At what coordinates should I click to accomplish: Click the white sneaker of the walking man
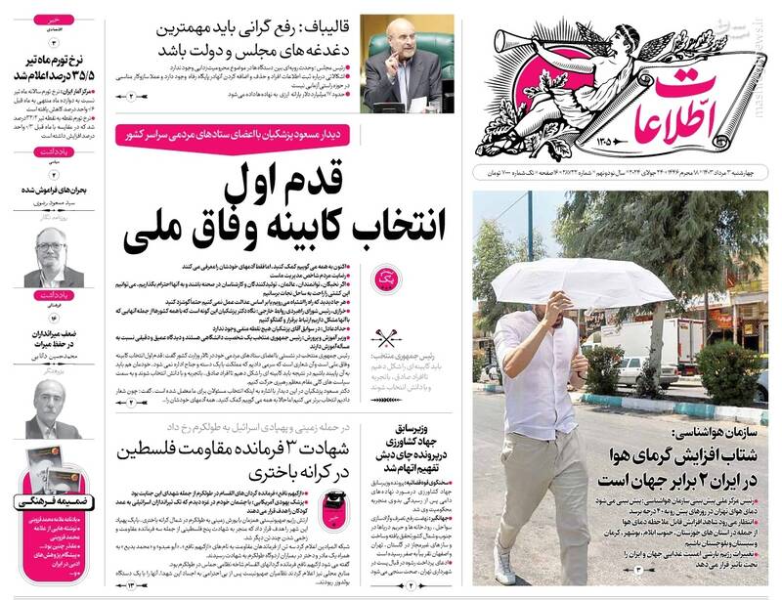click(x=505, y=568)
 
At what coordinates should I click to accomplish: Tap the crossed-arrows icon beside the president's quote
click(x=388, y=340)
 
